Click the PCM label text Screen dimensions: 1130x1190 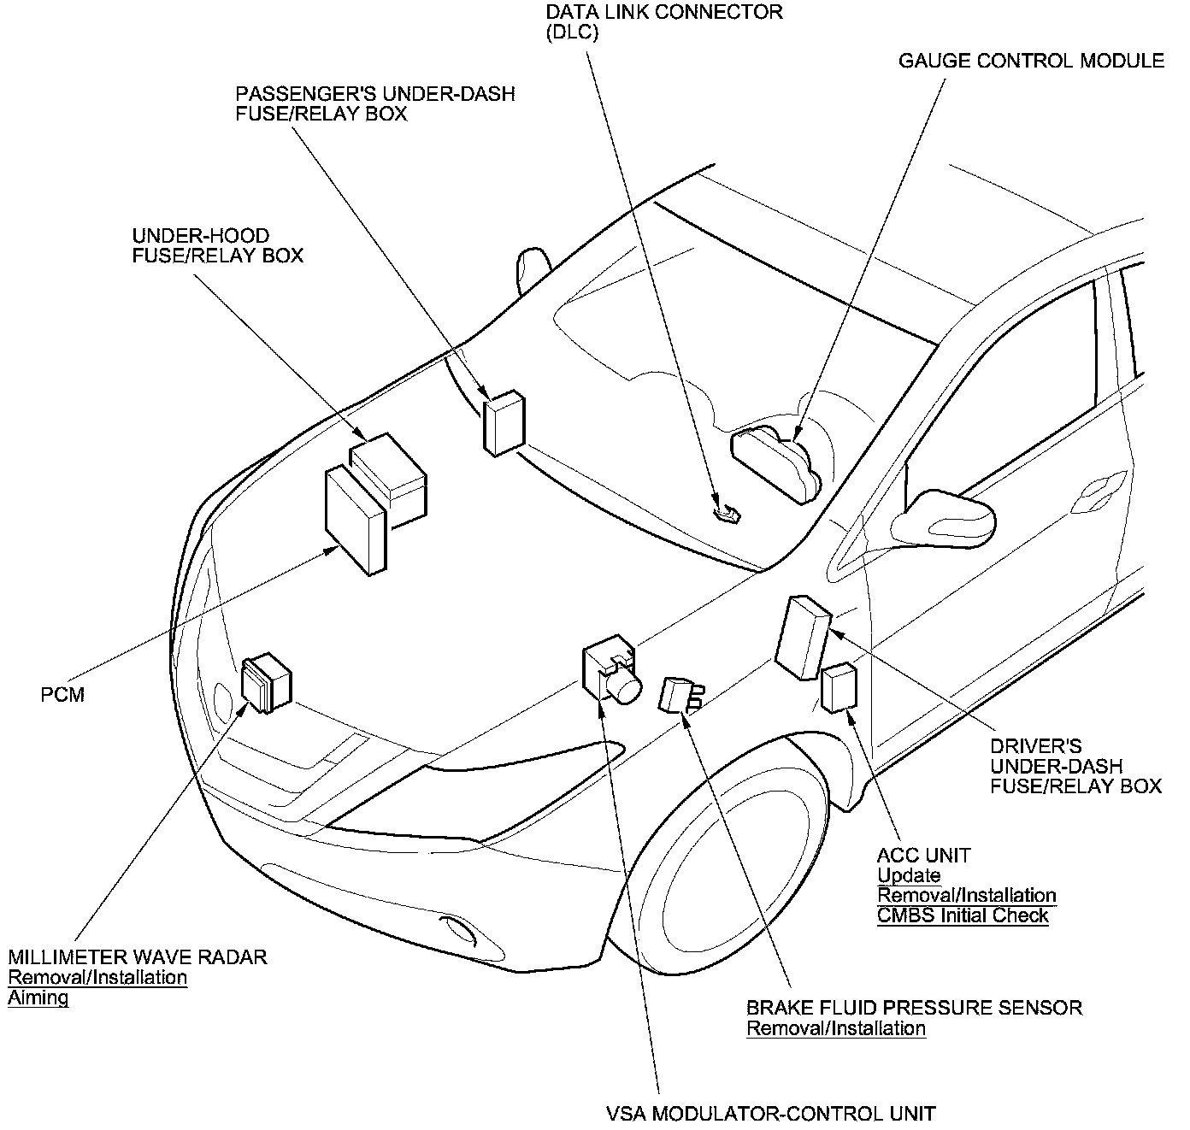63,694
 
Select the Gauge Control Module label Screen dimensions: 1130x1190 1031,61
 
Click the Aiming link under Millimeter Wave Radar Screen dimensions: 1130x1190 38,998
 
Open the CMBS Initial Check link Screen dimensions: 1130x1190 963,915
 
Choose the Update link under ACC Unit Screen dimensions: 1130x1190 909,875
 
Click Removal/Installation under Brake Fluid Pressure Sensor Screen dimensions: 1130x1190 836,1028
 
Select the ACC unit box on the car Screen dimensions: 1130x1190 839,687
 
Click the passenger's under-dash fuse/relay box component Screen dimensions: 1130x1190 504,422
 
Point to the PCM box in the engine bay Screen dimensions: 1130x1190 356,520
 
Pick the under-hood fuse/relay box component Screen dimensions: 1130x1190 390,476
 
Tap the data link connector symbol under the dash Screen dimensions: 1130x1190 728,514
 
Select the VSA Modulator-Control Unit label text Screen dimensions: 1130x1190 770,1114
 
